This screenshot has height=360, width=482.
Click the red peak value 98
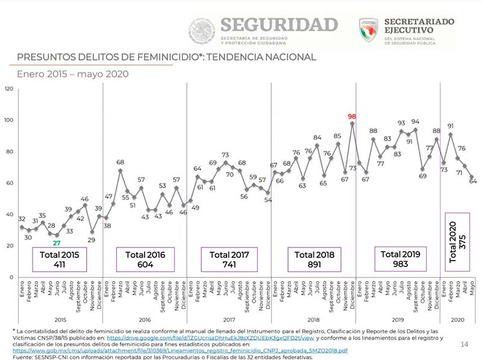[352, 116]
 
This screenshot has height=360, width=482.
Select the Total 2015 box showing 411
[60, 259]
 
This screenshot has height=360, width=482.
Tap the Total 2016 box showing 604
[145, 259]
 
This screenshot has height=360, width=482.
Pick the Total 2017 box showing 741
[229, 259]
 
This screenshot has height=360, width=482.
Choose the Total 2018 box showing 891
[313, 259]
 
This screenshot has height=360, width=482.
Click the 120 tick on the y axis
[9, 88]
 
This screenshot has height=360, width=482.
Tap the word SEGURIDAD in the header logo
[278, 24]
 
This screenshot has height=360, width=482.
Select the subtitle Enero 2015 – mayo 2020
[72, 74]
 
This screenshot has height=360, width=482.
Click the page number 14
[464, 344]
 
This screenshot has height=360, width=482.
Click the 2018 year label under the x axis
[313, 320]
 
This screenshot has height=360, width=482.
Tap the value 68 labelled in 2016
[120, 163]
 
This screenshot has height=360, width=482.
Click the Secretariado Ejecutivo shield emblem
[368, 29]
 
